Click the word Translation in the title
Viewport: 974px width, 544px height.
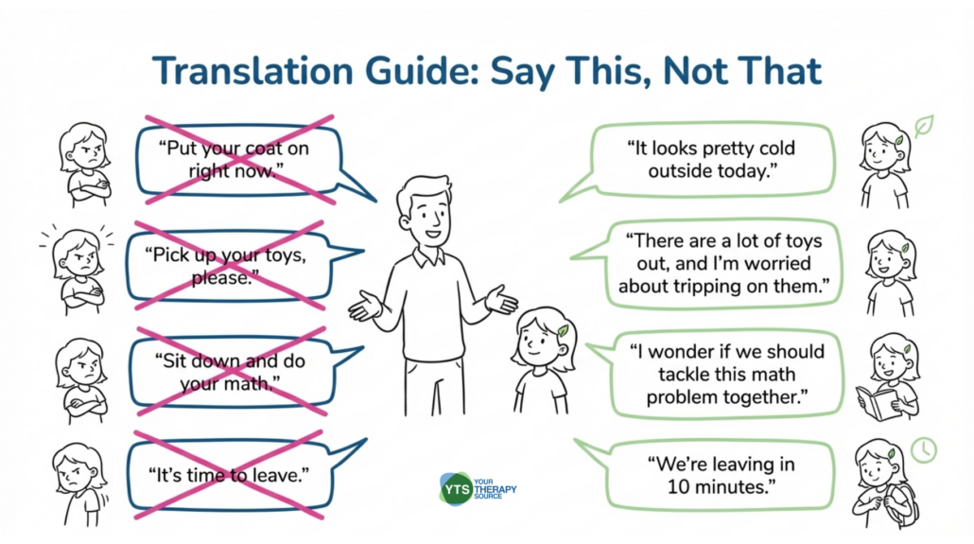(x=253, y=71)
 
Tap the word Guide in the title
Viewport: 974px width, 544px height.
(x=423, y=71)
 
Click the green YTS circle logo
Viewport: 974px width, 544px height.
(x=457, y=489)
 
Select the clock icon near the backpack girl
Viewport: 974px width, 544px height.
(x=924, y=450)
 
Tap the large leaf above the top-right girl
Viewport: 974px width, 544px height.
(x=924, y=126)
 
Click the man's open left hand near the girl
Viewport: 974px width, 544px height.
(x=501, y=299)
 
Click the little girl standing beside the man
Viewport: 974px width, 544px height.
(x=541, y=360)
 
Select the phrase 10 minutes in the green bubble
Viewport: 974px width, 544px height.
(x=722, y=487)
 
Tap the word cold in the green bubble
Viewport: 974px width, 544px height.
(x=775, y=149)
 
